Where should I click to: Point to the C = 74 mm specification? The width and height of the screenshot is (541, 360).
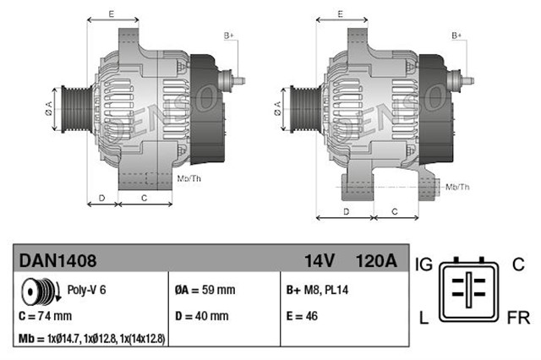[x=46, y=316]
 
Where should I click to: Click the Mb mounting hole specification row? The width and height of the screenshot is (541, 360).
[x=91, y=339]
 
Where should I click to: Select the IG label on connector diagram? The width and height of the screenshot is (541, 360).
[x=424, y=265]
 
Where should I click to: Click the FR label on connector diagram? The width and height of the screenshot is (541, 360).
[x=519, y=319]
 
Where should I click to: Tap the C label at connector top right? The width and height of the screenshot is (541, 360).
[x=517, y=265]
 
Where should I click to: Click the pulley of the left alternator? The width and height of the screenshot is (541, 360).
[x=70, y=107]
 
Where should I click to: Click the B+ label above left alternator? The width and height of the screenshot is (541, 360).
[x=228, y=35]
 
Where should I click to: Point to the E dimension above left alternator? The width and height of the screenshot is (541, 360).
[x=112, y=14]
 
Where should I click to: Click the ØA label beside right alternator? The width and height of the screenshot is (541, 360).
[x=278, y=107]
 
